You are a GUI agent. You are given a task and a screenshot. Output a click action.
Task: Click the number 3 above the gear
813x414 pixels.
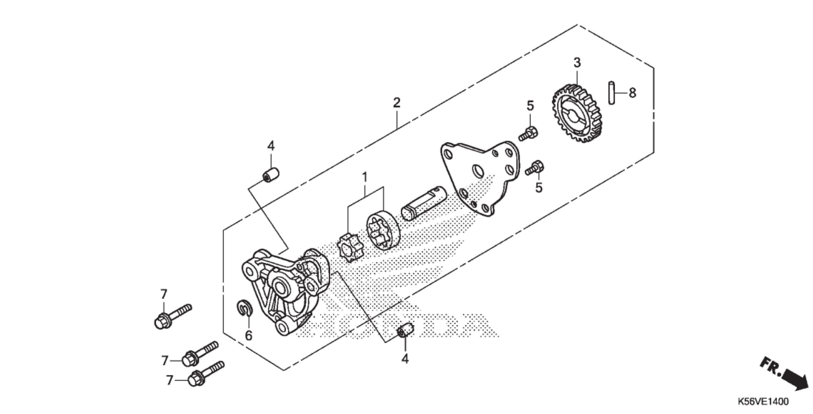click(x=577, y=62)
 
